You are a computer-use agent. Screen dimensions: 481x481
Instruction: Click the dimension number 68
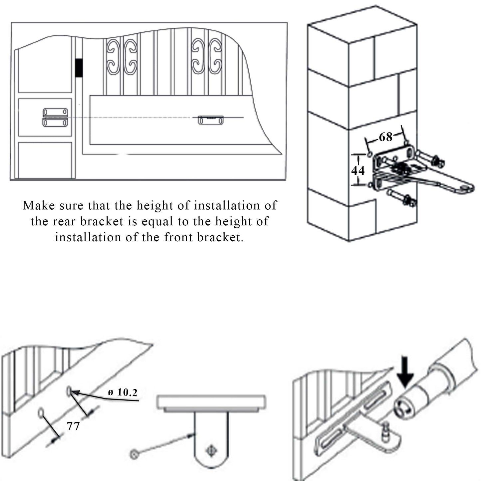(385, 136)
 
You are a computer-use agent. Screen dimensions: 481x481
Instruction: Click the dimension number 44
(358, 170)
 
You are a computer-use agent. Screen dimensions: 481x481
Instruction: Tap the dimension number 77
(73, 426)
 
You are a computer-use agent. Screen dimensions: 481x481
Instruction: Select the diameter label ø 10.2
(123, 392)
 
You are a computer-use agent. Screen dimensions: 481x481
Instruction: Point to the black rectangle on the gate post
(79, 68)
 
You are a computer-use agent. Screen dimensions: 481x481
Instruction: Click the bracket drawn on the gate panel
(211, 120)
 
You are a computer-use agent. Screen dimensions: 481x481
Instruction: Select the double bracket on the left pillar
(55, 117)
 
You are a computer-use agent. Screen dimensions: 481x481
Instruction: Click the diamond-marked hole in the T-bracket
(211, 451)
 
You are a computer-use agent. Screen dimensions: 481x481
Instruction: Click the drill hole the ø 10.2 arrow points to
(69, 391)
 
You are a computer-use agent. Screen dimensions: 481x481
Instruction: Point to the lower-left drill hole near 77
(41, 413)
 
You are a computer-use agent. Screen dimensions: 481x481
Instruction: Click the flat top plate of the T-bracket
(211, 402)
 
